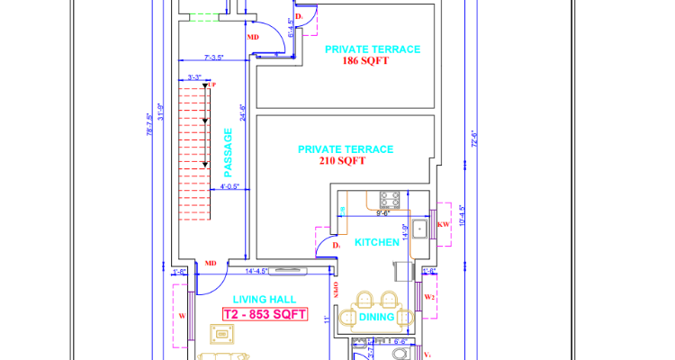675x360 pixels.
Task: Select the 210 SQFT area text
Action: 342,161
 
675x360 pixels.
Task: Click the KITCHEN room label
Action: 377,243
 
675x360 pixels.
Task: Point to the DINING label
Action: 377,317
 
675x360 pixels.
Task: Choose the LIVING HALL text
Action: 265,300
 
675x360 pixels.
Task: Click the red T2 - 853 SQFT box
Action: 265,315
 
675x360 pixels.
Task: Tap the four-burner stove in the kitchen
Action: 390,197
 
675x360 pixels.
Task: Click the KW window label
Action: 443,224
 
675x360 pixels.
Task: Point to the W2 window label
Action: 429,296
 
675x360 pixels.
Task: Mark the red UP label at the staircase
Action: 212,85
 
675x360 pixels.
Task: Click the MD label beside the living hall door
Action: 211,264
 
